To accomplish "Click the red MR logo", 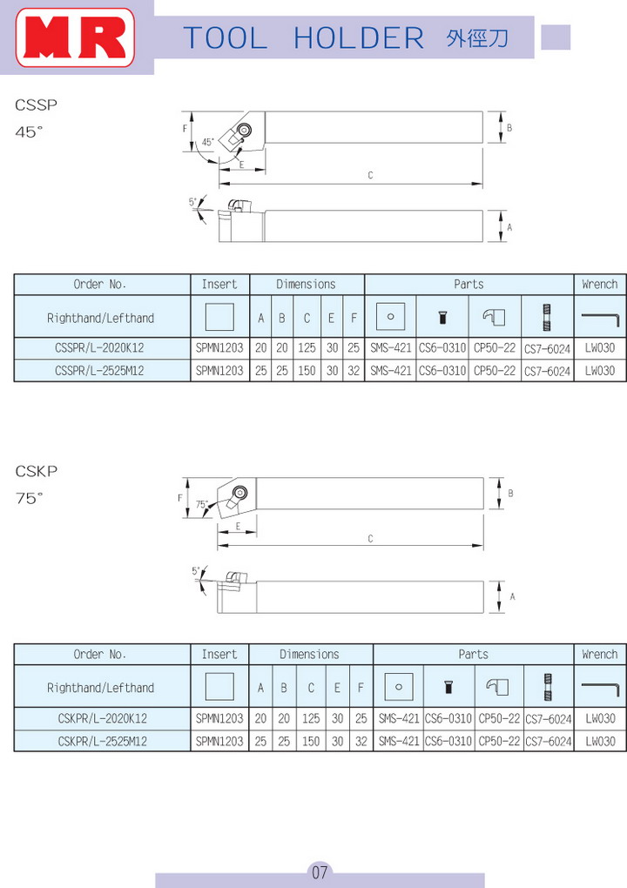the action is click(x=76, y=37).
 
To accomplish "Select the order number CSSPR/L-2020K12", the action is click(x=99, y=347).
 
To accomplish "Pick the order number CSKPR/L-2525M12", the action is click(x=103, y=741).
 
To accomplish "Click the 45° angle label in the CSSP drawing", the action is click(x=208, y=142).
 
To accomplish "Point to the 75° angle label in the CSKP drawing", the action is click(x=202, y=504).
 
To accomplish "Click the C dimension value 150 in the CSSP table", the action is click(x=307, y=370).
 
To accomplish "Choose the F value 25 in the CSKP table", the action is click(x=361, y=718).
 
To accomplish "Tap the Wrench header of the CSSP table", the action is click(x=600, y=285).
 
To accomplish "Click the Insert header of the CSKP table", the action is click(x=219, y=654).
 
